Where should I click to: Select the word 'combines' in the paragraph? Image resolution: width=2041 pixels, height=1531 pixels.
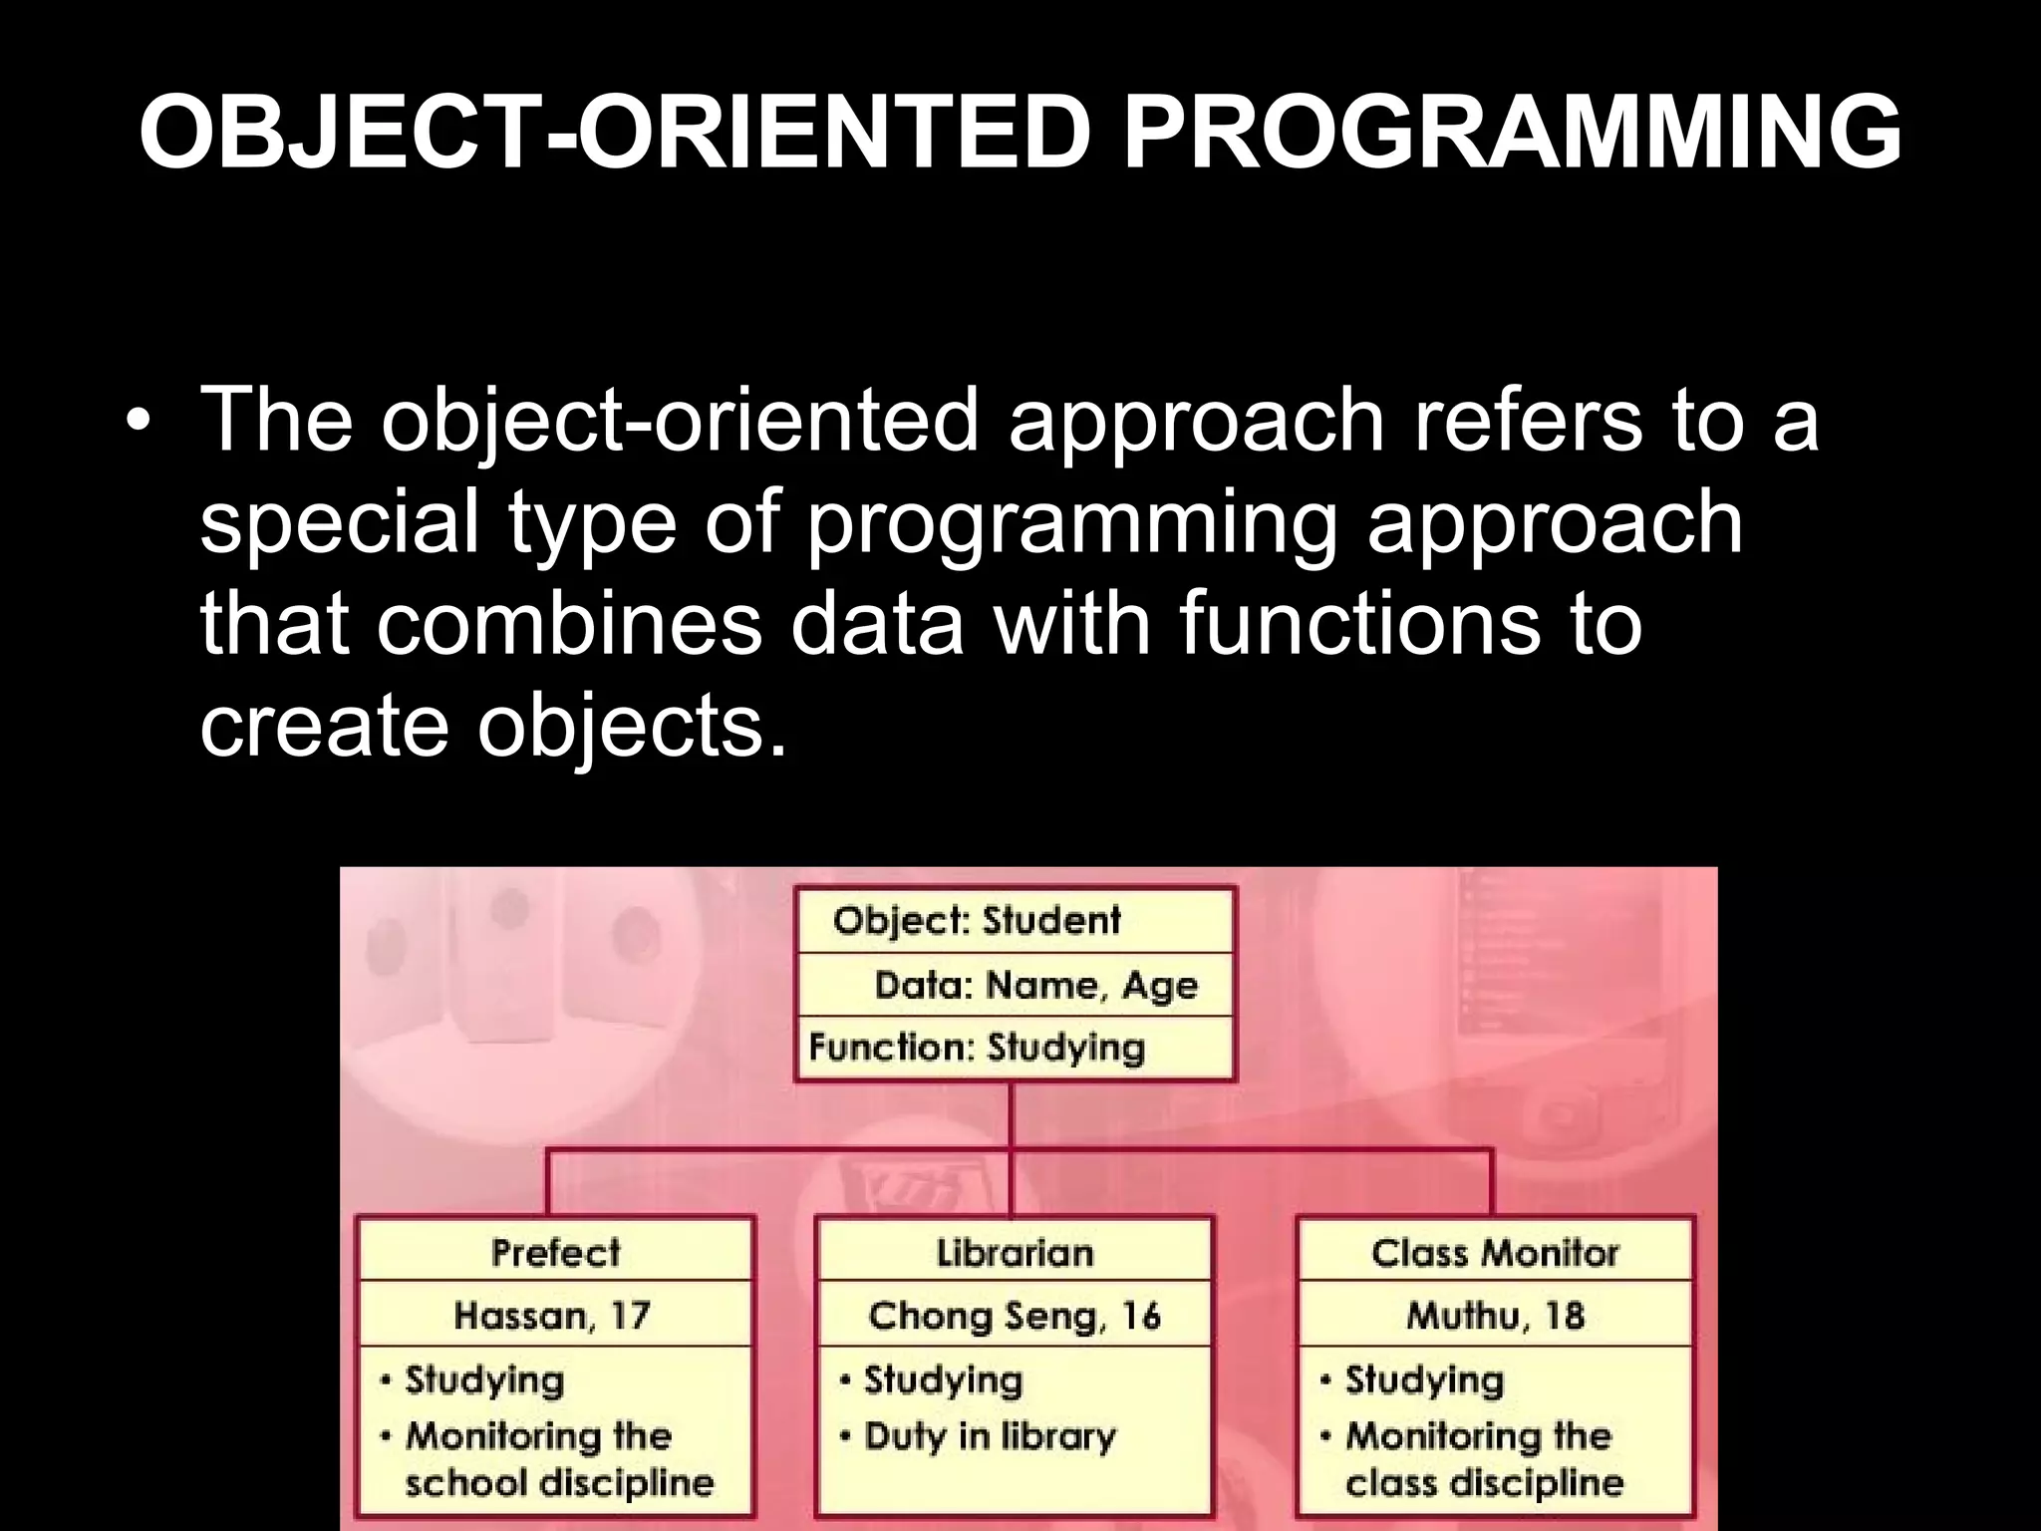569,624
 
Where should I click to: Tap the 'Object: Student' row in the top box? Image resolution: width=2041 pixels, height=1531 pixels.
977,920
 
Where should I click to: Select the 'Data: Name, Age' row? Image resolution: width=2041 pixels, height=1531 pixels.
1036,985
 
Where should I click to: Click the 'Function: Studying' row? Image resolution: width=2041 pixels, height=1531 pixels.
977,1048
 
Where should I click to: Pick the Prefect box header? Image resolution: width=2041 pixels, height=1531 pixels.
555,1252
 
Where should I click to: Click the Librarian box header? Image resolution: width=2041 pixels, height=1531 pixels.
1015,1252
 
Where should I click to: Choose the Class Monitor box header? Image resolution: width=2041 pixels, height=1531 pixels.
1495,1252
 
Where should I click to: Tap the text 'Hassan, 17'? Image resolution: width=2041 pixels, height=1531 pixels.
552,1316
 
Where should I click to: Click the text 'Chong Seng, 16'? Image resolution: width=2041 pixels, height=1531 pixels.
1015,1316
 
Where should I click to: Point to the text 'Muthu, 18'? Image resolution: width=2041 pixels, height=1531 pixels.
1495,1316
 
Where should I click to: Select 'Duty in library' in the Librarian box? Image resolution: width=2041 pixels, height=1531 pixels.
990,1436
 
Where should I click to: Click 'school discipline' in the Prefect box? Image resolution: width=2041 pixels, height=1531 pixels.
559,1483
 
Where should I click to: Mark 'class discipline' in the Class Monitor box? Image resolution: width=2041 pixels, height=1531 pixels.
1484,1483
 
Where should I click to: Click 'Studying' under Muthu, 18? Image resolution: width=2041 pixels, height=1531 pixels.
1424,1379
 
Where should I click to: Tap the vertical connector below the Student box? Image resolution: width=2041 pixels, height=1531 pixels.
1011,1116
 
